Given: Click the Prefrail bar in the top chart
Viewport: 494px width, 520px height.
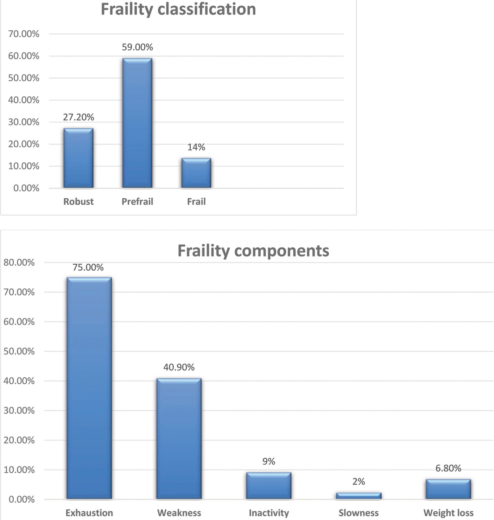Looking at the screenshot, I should [137, 123].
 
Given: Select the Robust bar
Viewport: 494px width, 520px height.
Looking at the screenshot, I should [78, 158].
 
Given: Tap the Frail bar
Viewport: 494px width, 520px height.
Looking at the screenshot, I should [196, 173].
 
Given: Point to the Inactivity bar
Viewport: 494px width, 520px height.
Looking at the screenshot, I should [269, 486].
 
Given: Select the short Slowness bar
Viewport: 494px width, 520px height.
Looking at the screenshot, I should [358, 496].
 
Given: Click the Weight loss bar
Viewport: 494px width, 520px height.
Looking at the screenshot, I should [448, 489].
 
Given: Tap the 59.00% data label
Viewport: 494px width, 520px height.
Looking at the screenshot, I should [137, 47].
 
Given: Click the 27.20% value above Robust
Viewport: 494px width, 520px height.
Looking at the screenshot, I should [78, 117].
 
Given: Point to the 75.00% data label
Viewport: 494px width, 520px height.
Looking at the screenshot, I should [88, 268].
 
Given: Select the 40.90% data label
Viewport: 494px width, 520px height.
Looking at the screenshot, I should [179, 367].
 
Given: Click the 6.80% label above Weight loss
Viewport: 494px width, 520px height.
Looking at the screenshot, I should [448, 468].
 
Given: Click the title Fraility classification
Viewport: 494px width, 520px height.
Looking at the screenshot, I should [178, 9].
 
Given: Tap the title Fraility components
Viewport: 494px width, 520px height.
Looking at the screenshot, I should [253, 251].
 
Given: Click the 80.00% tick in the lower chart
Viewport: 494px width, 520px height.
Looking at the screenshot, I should [19, 263].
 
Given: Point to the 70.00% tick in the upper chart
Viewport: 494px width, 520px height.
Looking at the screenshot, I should [24, 34].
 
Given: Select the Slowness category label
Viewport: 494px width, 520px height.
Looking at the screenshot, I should [358, 513].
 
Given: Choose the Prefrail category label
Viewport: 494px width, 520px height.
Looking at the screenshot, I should [137, 201].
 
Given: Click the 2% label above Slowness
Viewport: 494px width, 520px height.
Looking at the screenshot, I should [358, 482].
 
